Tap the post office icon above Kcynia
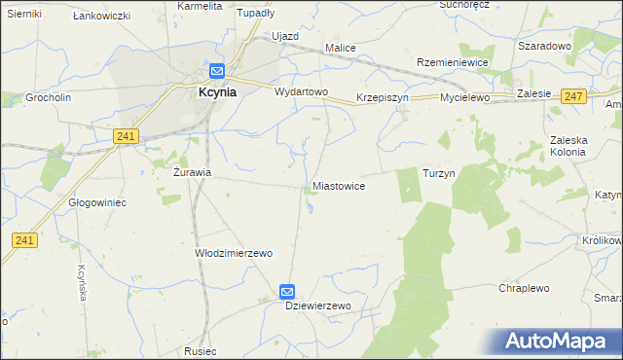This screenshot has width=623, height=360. (216, 71)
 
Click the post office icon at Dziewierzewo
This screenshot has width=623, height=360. (287, 291)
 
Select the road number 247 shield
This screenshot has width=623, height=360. (573, 95)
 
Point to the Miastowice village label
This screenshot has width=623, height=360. (339, 185)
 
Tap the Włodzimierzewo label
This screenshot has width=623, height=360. (234, 252)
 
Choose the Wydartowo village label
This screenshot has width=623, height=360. (301, 91)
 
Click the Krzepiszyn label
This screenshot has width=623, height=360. (385, 98)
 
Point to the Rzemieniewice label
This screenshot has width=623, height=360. (452, 61)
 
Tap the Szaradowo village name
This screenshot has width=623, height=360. (544, 46)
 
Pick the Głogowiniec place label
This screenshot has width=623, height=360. (97, 202)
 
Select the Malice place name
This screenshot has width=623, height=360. (341, 47)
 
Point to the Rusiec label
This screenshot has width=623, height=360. (199, 350)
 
